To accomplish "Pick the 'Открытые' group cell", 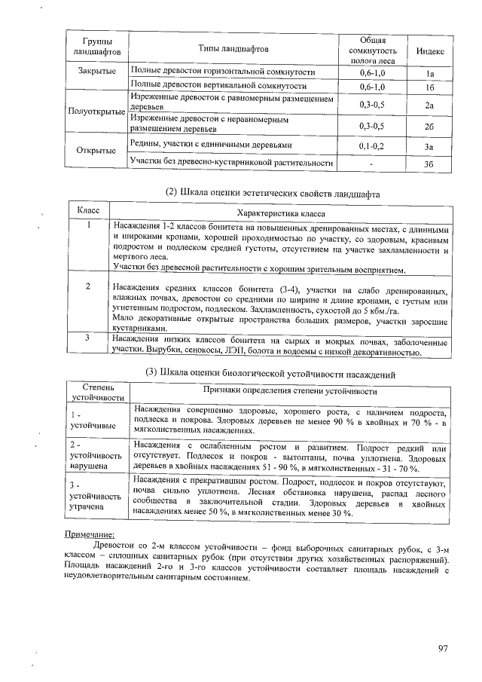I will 96,150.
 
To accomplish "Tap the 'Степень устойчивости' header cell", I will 96,391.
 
